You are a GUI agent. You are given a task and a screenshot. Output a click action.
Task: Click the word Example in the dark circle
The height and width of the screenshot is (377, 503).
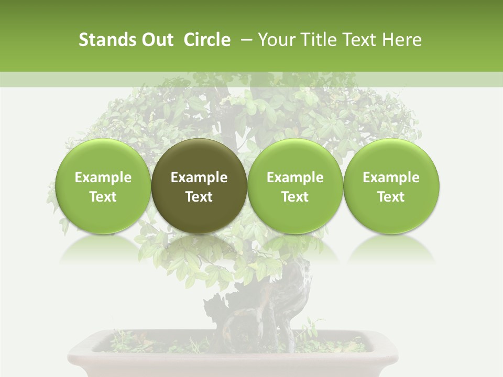coord(199,178)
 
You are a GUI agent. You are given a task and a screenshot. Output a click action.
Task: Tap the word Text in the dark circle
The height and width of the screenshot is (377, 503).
coord(199,197)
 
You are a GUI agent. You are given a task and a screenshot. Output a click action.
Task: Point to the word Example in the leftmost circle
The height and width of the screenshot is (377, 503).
coord(103,178)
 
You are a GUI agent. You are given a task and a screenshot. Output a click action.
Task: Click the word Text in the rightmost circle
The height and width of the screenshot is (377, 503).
coord(391,197)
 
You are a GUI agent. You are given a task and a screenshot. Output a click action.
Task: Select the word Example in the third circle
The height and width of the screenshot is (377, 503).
coord(295,178)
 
